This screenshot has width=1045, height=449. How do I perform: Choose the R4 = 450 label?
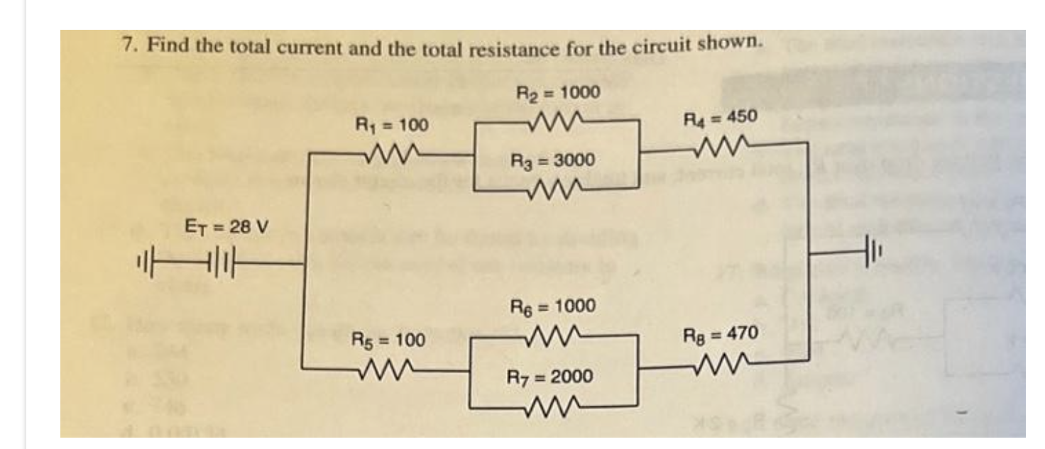point(720,116)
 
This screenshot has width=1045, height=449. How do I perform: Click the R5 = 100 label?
point(389,340)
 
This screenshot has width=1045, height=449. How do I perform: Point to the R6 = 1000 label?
point(553,306)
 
